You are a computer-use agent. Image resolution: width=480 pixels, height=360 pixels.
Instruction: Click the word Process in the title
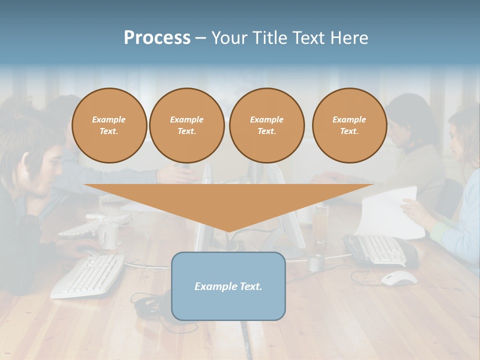click(x=157, y=38)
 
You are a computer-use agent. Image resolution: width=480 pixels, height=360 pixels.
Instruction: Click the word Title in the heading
click(x=270, y=38)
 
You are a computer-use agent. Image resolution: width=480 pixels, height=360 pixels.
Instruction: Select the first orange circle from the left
click(x=109, y=125)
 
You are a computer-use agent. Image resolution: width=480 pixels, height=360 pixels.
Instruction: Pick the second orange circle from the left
click(x=187, y=125)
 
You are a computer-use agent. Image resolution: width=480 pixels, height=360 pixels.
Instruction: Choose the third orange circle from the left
click(x=267, y=125)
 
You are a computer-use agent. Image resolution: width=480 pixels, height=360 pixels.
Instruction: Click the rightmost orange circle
click(x=349, y=125)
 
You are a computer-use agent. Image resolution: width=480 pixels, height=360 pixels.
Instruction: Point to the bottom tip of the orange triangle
click(x=228, y=230)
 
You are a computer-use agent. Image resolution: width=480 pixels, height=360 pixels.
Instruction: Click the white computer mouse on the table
click(x=398, y=278)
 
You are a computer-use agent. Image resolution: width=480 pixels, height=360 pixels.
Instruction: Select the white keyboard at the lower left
click(x=88, y=275)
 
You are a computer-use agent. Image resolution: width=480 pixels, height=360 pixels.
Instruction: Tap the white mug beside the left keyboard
click(x=108, y=235)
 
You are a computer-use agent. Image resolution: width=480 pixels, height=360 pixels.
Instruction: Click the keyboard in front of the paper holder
click(x=380, y=249)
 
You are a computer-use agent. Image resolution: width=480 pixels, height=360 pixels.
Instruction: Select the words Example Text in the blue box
click(x=228, y=286)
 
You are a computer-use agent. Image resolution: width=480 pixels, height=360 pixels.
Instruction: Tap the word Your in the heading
click(x=231, y=38)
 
